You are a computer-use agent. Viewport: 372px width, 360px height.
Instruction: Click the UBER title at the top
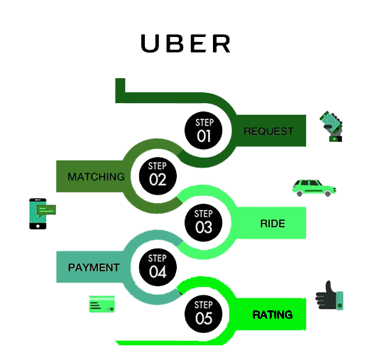pyautogui.click(x=186, y=43)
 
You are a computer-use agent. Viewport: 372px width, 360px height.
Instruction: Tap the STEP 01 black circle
pyautogui.click(x=204, y=130)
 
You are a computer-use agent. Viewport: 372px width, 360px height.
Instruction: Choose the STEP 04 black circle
pyautogui.click(x=157, y=266)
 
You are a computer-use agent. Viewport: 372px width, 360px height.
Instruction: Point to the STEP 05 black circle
pyautogui.click(x=204, y=313)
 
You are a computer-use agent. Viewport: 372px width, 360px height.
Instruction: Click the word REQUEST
pyautogui.click(x=268, y=131)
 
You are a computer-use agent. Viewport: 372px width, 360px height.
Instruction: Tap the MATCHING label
pyautogui.click(x=96, y=176)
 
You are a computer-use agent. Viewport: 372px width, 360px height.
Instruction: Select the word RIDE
pyautogui.click(x=273, y=224)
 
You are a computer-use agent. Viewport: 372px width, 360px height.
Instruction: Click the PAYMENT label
pyautogui.click(x=94, y=268)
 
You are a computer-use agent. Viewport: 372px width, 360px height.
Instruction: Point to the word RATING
pyautogui.click(x=273, y=315)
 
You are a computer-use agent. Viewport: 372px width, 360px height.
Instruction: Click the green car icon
pyautogui.click(x=313, y=187)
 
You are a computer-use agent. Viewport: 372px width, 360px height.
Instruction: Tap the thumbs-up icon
pyautogui.click(x=329, y=295)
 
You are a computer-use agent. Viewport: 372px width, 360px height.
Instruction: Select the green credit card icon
pyautogui.click(x=102, y=304)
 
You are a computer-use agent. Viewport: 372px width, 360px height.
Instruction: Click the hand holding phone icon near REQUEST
pyautogui.click(x=332, y=126)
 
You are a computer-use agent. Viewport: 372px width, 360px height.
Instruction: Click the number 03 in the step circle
pyautogui.click(x=204, y=228)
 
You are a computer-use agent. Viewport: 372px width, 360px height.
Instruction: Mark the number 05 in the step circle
pyautogui.click(x=204, y=320)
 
